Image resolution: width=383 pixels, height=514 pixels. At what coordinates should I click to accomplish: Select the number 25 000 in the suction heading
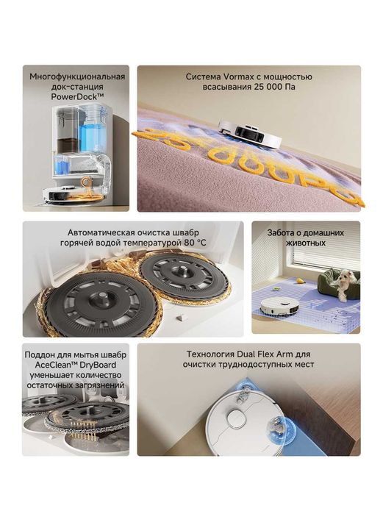pyautogui.click(x=268, y=87)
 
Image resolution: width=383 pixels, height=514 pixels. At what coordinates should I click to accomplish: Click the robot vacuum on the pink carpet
pyautogui.click(x=251, y=133)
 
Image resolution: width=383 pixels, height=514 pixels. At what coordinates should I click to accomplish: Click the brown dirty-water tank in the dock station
pyautogui.click(x=68, y=145)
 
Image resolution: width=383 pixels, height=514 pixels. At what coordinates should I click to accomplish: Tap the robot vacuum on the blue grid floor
pyautogui.click(x=279, y=307)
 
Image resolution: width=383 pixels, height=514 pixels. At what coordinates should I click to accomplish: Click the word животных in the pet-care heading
pyautogui.click(x=305, y=243)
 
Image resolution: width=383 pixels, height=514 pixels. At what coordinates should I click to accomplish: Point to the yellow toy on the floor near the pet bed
pyautogui.click(x=299, y=281)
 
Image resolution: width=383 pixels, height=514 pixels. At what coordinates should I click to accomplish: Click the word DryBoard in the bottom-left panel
pyautogui.click(x=99, y=365)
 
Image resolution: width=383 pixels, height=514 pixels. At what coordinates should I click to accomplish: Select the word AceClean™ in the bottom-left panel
pyautogui.click(x=55, y=365)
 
